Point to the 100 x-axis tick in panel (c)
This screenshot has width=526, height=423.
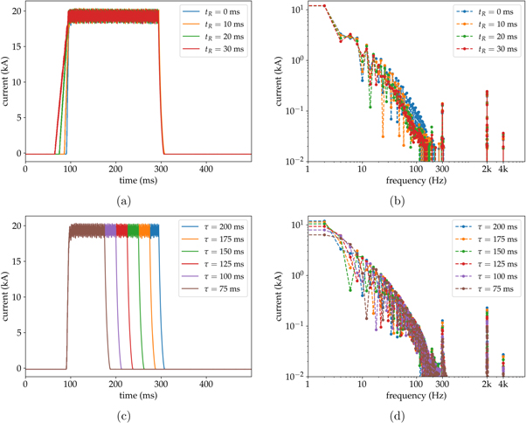70,383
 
